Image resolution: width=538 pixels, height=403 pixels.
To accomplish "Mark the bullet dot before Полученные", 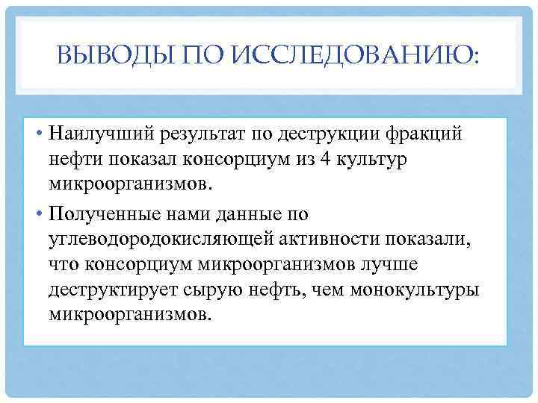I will click(x=37, y=216).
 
